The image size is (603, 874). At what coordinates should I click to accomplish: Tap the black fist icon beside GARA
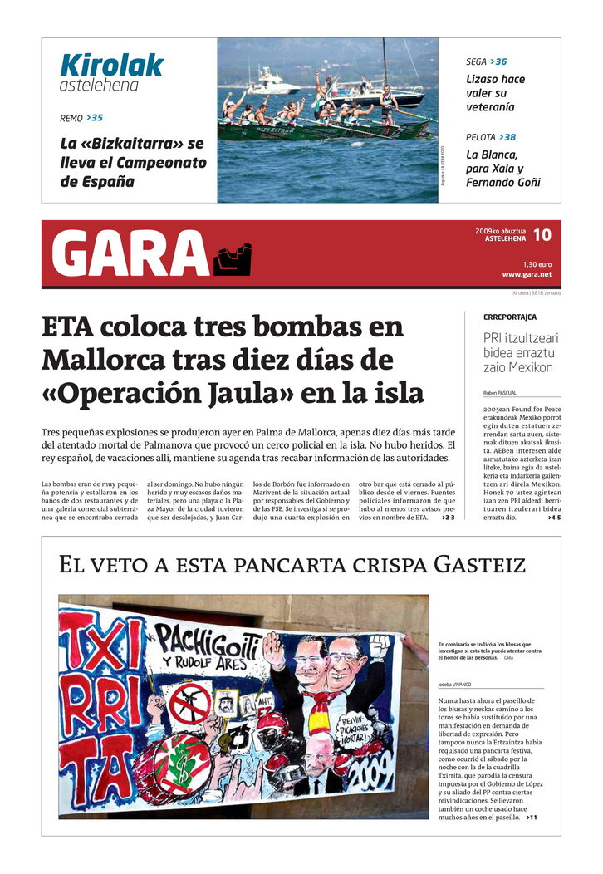[x=233, y=259]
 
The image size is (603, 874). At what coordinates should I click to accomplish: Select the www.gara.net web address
[x=526, y=274]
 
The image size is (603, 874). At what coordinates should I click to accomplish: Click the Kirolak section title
[x=111, y=65]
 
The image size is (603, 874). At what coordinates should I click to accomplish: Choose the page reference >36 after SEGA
[x=498, y=61]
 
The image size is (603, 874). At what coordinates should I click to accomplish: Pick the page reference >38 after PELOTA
[x=508, y=137]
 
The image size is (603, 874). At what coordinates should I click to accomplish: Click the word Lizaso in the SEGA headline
[x=483, y=80]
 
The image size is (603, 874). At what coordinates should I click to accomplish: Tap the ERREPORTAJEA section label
[x=510, y=317]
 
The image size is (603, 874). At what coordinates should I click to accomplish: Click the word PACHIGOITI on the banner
[x=209, y=641]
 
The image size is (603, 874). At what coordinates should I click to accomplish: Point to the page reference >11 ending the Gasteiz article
[x=532, y=818]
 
